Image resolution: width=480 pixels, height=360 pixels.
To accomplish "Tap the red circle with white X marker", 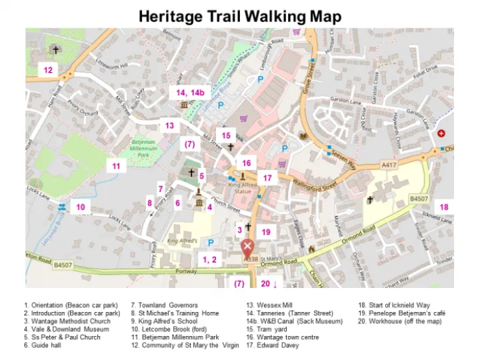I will click(x=247, y=247).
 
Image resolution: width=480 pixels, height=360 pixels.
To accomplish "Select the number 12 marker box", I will click(x=48, y=70).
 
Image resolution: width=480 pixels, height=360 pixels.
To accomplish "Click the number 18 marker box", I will click(x=444, y=207).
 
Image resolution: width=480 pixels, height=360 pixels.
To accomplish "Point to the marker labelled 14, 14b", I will click(x=190, y=92).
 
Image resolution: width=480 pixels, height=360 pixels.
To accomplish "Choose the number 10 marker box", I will click(x=81, y=207).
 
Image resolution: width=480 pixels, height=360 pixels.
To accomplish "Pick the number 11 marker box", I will click(x=116, y=166).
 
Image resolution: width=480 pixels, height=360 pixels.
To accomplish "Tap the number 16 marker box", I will click(x=247, y=163).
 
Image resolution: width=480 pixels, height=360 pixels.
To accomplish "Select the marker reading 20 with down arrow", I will click(x=269, y=283).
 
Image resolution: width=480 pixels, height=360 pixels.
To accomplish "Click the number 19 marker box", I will click(x=266, y=232).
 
